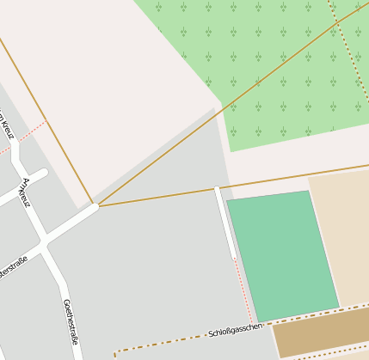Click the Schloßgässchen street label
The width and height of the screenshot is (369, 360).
pyautogui.click(x=235, y=330)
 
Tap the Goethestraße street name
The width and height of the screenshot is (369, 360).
pyautogui.click(x=71, y=322)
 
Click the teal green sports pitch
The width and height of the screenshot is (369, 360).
pyautogui.click(x=281, y=255)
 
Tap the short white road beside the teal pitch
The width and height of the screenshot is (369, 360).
pyautogui.click(x=225, y=223)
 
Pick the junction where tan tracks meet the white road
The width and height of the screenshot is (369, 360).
pyautogui.click(x=97, y=206)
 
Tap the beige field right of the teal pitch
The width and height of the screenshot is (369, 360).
pyautogui.click(x=340, y=232)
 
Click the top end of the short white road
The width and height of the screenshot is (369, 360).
pyautogui.click(x=218, y=189)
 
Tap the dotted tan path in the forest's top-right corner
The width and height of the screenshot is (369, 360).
pyautogui.click(x=348, y=52)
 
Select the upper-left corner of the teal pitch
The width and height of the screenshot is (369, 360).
pyautogui.click(x=228, y=203)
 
